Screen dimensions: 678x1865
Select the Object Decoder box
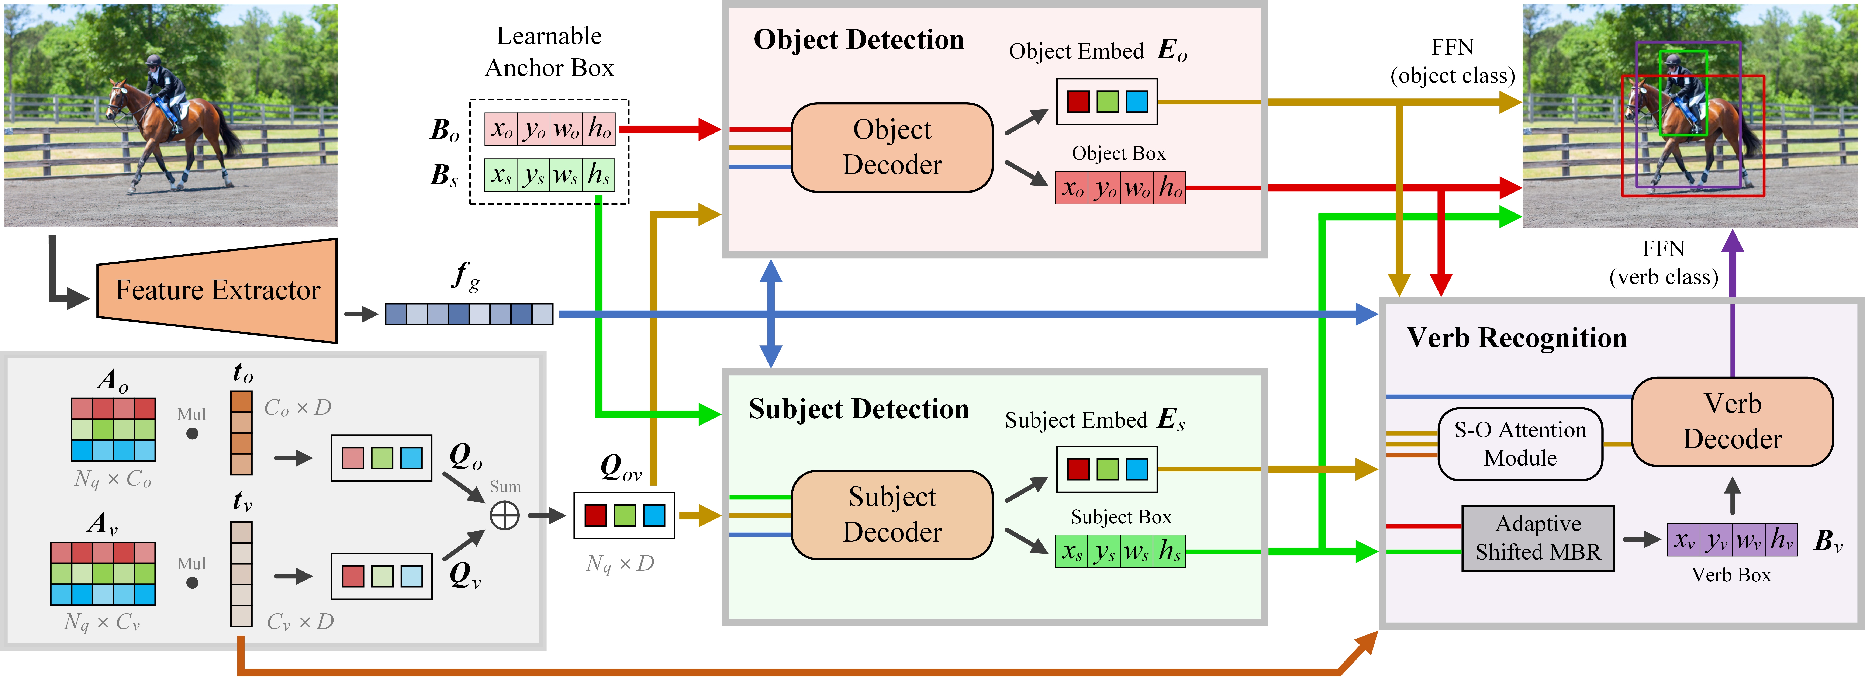click(892, 148)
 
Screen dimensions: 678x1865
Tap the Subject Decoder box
click(892, 515)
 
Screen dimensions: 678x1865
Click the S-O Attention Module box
click(1520, 444)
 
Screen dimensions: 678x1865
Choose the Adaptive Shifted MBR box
click(1538, 538)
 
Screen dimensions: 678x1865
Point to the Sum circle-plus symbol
click(505, 515)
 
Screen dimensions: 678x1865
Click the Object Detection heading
click(859, 40)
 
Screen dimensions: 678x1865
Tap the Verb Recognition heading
click(1517, 338)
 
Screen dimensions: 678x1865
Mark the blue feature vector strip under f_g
click(469, 314)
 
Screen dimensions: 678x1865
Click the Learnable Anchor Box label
click(549, 51)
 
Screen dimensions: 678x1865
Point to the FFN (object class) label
click(1452, 62)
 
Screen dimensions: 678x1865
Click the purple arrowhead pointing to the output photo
click(1732, 241)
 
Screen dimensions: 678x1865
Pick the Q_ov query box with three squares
click(624, 515)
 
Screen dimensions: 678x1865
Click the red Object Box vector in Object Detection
click(1120, 188)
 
